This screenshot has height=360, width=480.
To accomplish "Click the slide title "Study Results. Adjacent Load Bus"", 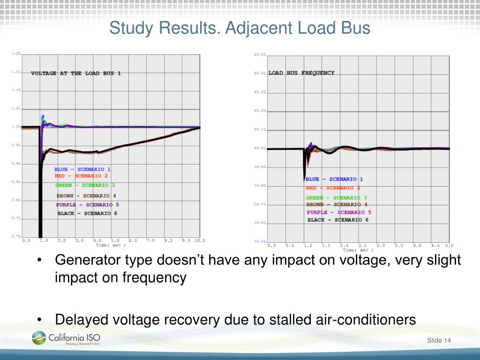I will (240, 28).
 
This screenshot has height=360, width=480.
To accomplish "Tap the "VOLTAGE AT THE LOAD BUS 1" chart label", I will (76, 74).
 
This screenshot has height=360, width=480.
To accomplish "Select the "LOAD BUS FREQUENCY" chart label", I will (301, 73).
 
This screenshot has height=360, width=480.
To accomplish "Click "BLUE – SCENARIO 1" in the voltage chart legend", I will (82, 169).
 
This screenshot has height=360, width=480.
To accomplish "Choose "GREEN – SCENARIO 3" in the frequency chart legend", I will (337, 198).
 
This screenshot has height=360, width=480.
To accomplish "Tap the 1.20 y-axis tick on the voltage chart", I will (16, 53).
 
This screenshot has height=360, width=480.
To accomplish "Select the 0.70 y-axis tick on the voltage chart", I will (16, 236).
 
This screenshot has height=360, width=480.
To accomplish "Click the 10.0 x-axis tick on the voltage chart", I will (200, 240).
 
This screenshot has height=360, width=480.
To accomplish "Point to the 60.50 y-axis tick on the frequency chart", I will (260, 55).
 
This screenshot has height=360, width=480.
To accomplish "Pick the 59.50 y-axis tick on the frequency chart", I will (260, 241).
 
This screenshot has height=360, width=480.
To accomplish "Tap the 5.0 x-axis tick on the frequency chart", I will (449, 245).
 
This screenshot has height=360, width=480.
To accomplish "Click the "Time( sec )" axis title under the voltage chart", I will (111, 245).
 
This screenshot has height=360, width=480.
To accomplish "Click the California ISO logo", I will (66, 338).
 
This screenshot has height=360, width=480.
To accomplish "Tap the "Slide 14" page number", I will (439, 340).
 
